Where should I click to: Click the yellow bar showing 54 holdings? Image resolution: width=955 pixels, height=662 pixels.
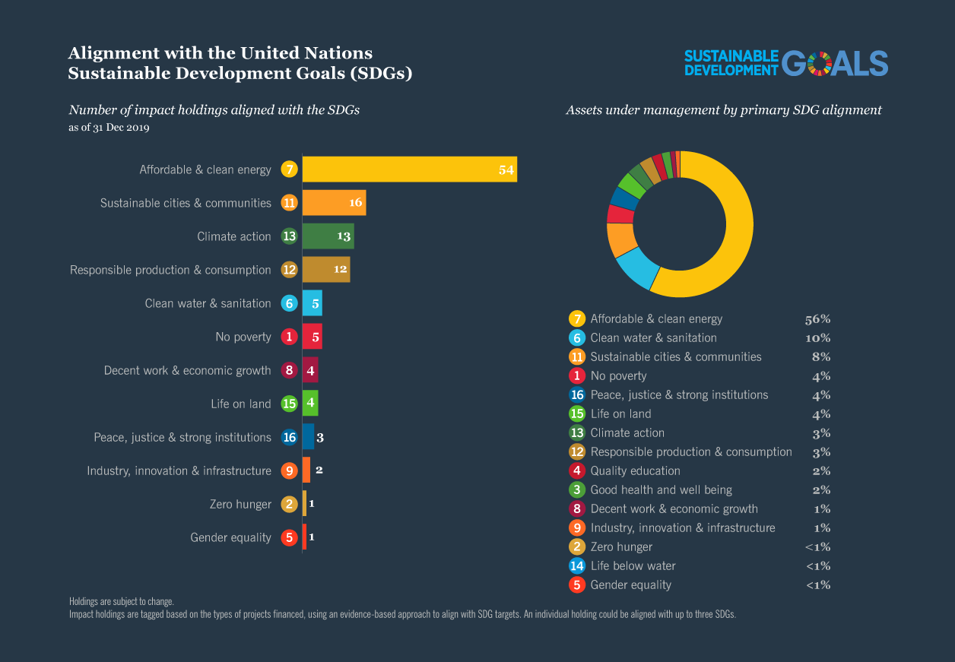[x=409, y=169]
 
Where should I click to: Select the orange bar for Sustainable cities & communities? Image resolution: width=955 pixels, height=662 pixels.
[x=334, y=203]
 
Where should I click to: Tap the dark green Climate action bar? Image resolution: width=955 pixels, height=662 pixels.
[x=328, y=236]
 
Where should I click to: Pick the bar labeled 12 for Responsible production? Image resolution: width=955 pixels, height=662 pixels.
[x=325, y=270]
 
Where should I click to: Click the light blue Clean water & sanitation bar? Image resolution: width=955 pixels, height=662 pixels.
[x=312, y=303]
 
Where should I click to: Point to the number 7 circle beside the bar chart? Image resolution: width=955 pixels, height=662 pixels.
[x=289, y=169]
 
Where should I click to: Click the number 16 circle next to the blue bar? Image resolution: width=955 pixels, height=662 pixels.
[x=289, y=437]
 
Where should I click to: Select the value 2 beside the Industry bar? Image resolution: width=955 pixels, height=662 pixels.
[x=319, y=470]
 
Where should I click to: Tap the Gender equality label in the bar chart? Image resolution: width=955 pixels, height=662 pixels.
[x=230, y=537]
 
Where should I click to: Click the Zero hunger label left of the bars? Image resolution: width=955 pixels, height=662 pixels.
[x=240, y=504]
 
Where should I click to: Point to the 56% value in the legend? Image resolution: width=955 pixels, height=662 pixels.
[x=817, y=319]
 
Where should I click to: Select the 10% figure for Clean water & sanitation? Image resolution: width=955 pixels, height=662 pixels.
[x=817, y=338]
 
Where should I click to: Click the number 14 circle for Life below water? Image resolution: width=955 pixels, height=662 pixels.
[x=577, y=565]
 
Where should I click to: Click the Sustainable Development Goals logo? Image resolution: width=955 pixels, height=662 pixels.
[x=785, y=64]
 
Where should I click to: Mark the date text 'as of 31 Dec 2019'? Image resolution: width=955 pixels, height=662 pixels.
[x=109, y=128]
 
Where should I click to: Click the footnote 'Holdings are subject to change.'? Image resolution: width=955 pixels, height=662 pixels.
[x=121, y=601]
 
